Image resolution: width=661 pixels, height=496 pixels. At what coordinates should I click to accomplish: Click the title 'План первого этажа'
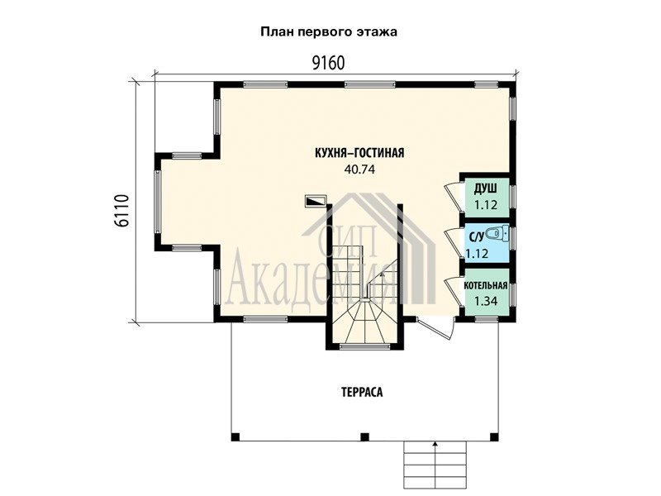pyautogui.click(x=329, y=32)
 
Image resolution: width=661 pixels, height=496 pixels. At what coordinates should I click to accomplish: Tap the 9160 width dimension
pyautogui.click(x=328, y=63)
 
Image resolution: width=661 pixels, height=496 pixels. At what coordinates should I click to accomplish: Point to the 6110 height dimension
pyautogui.click(x=121, y=211)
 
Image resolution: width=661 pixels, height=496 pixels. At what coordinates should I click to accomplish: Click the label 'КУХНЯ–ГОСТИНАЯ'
pyautogui.click(x=359, y=153)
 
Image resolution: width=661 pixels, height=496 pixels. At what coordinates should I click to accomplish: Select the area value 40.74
pyautogui.click(x=359, y=169)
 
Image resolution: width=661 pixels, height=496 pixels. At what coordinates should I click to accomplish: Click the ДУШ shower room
pyautogui.click(x=486, y=197)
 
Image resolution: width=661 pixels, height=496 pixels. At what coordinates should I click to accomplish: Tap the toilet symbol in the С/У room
pyautogui.click(x=497, y=233)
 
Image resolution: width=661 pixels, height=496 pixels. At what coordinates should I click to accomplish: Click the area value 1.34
pyautogui.click(x=486, y=301)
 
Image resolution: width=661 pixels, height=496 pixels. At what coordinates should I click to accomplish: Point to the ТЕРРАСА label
pyautogui.click(x=362, y=392)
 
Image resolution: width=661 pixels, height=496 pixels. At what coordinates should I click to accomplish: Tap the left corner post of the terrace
pyautogui.click(x=235, y=436)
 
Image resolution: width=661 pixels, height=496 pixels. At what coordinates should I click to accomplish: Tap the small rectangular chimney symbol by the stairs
pyautogui.click(x=316, y=200)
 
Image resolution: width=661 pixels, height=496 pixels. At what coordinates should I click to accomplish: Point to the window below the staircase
pyautogui.click(x=364, y=346)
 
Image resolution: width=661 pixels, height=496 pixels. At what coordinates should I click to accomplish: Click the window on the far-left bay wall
pyautogui.click(x=158, y=202)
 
